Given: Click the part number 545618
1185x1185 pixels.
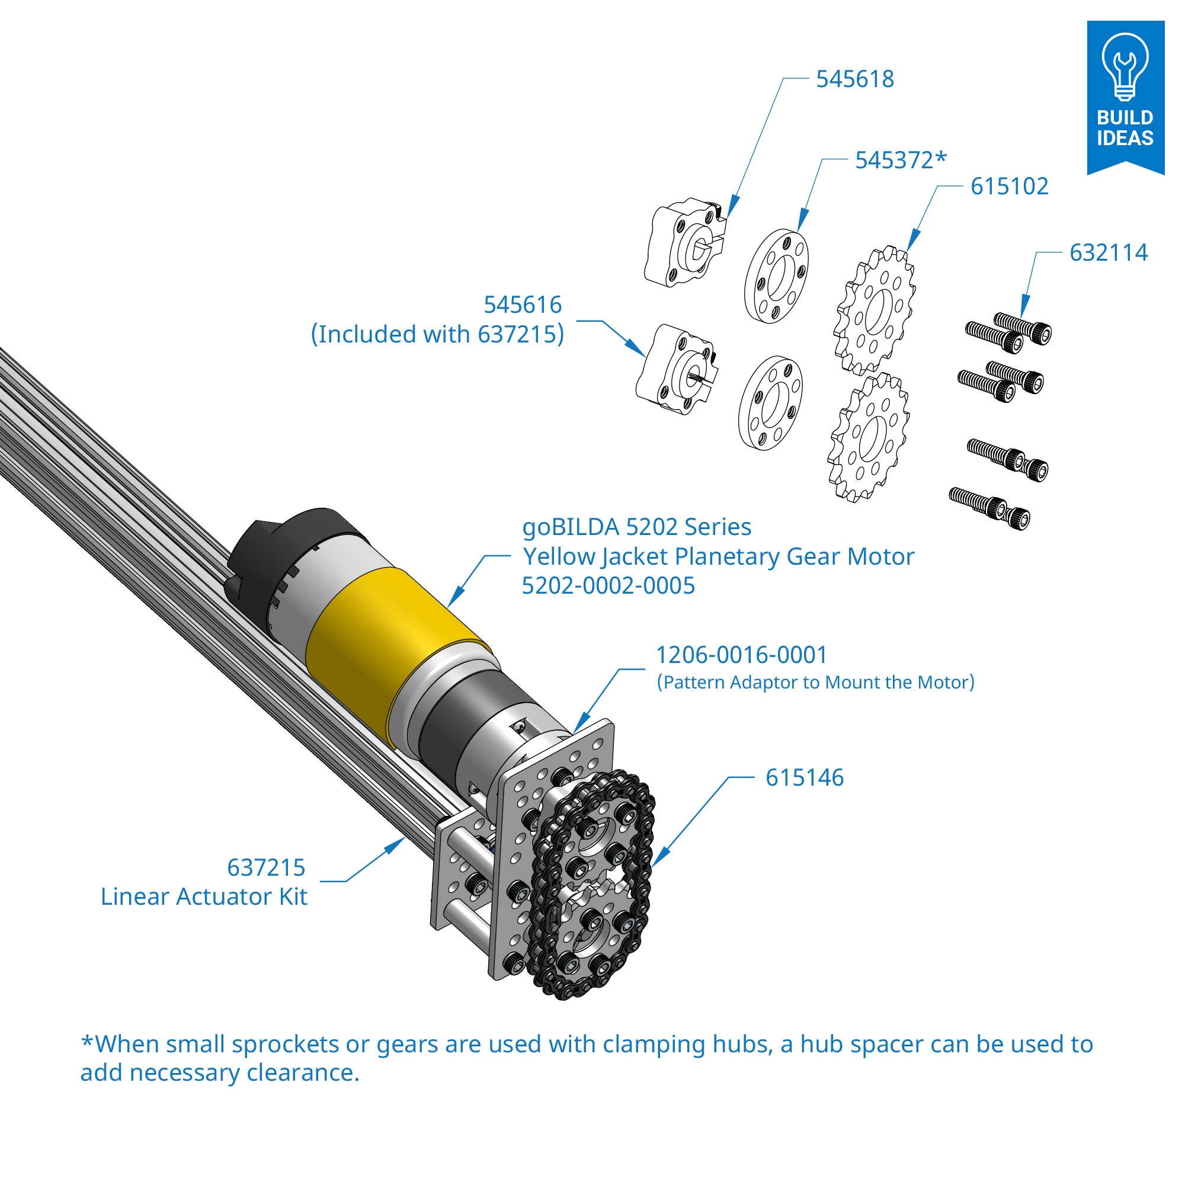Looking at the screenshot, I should [x=854, y=79].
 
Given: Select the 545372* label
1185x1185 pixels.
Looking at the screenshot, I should [x=901, y=160].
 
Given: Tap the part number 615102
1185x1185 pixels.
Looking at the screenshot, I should [x=1009, y=187].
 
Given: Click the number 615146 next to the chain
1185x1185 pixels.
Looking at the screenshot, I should [x=804, y=778].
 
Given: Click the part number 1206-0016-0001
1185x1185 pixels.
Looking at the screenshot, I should [x=741, y=655].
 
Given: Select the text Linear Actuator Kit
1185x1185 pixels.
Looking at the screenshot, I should [x=204, y=896].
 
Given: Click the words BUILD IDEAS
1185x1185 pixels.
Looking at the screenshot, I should [x=1125, y=127].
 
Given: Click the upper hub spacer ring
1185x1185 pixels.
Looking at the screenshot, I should [x=777, y=276].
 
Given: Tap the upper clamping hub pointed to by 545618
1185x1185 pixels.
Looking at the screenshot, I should [x=684, y=242].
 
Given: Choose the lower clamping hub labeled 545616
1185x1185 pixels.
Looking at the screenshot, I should [x=676, y=370].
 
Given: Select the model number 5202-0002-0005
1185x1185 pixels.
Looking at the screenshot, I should [x=608, y=586].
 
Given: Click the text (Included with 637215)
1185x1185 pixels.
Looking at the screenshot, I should [x=437, y=334].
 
